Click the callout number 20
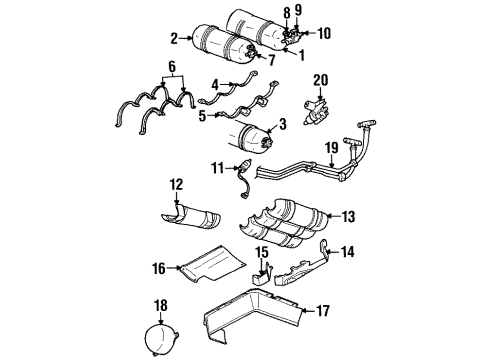(x=319, y=79)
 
